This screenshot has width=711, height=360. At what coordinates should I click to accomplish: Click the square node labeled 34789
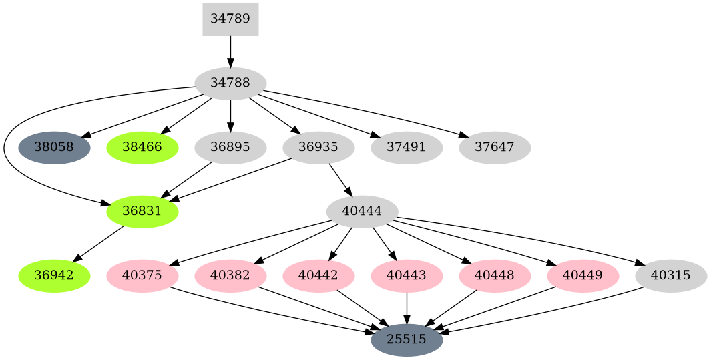[230, 19]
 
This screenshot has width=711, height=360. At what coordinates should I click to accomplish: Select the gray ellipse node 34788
[230, 83]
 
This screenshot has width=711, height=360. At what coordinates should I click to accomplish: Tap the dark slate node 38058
[54, 148]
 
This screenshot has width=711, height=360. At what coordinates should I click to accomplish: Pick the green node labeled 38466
[142, 148]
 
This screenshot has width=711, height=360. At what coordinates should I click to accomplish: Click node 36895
[230, 148]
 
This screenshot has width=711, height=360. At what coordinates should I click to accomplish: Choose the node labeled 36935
[318, 148]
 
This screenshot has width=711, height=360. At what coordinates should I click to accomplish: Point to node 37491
[407, 148]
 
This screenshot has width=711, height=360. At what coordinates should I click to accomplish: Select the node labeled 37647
[495, 148]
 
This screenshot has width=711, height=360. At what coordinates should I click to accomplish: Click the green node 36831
[142, 212]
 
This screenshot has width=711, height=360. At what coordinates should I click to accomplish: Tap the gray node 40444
[362, 212]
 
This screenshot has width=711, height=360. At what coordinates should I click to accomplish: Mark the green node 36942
[54, 276]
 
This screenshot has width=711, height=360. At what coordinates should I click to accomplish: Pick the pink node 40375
[142, 276]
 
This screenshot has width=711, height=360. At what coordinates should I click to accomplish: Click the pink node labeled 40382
[230, 276]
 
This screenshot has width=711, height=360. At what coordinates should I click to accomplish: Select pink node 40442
[318, 276]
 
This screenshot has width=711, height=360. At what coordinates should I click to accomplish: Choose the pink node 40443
[407, 276]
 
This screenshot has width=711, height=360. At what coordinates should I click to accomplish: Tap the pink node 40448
[495, 276]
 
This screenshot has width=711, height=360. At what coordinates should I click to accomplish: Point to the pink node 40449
[583, 276]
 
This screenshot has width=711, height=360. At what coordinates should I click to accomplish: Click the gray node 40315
[671, 276]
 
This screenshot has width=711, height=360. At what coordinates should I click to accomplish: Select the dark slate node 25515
[407, 340]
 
